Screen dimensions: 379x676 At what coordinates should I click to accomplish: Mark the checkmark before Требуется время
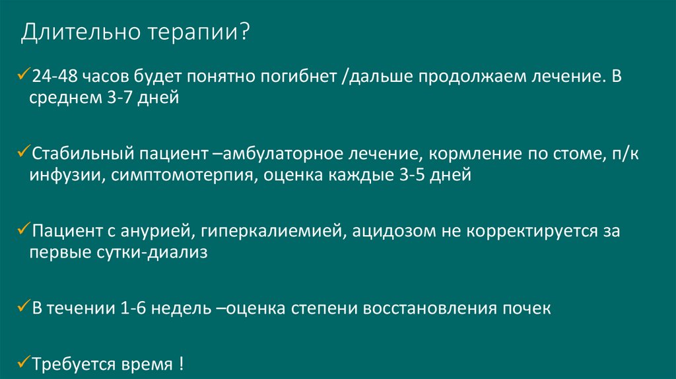click(x=25, y=362)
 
